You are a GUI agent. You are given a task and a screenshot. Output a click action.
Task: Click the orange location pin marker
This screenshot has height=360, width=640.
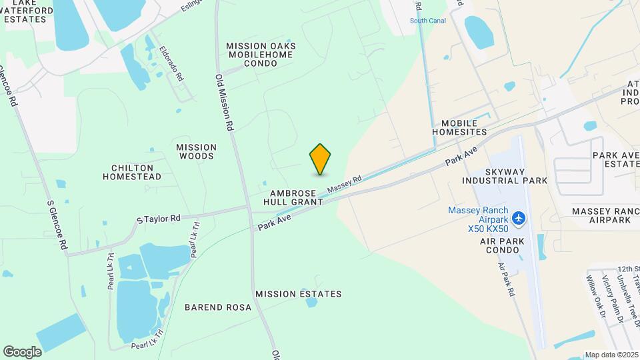tap(321, 159)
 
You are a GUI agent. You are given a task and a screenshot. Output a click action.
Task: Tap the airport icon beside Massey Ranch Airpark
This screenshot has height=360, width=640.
tap(519, 219)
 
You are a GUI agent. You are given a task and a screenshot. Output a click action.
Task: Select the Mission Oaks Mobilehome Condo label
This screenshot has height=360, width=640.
tap(261, 55)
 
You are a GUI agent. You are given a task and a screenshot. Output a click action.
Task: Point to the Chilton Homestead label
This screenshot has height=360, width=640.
tap(132, 172)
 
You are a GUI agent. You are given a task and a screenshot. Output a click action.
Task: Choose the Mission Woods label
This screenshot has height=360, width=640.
tap(196, 151)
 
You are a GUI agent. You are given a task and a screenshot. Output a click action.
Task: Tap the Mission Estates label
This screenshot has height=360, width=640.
tap(298, 294)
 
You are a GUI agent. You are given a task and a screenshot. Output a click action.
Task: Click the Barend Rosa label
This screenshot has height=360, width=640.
tap(218, 307)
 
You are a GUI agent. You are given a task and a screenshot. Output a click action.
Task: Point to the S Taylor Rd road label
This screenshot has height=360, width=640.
tap(158, 219)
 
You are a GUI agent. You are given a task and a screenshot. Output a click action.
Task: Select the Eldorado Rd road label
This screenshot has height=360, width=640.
tap(171, 64)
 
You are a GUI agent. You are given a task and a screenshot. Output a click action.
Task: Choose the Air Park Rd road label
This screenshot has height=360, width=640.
tap(506, 279)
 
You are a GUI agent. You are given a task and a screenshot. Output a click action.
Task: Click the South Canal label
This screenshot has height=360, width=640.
tap(427, 21)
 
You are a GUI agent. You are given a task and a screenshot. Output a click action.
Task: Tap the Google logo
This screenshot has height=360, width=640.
tap(22, 352)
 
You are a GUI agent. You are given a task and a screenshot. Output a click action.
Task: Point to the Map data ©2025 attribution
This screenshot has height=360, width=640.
tap(611, 355)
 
